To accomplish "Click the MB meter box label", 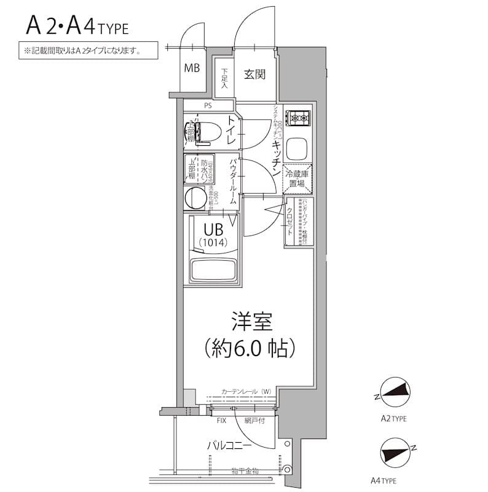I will click(192, 68).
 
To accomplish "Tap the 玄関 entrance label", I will click(254, 74).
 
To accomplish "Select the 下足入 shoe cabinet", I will click(225, 79).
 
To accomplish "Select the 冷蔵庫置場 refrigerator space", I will click(298, 179).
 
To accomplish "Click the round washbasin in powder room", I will click(196, 198).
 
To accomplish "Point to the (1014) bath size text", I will click(213, 243).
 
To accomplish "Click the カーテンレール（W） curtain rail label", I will click(246, 392).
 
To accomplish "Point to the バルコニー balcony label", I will click(228, 445).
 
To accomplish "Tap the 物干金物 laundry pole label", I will click(245, 471).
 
